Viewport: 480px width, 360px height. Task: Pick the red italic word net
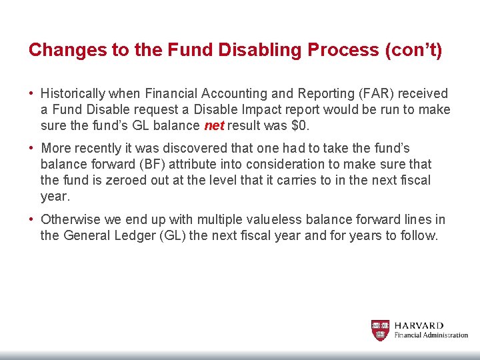coord(213,126)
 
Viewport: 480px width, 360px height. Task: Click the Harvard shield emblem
coord(380,330)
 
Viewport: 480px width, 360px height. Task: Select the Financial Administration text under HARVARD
coord(431,335)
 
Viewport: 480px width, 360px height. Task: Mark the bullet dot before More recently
coord(31,148)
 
